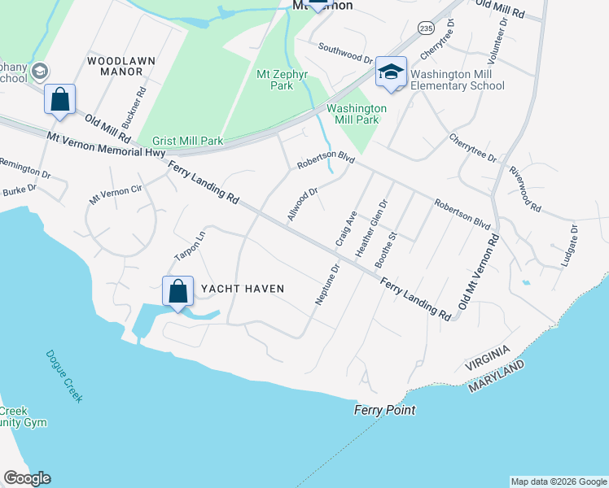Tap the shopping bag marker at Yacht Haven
pyautogui.click(x=177, y=294)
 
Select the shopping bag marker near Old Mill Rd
pyautogui.click(x=59, y=100)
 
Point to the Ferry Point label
pyautogui.click(x=384, y=410)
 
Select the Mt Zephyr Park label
pyautogui.click(x=274, y=80)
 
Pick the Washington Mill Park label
pyautogui.click(x=357, y=113)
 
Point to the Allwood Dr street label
pyautogui.click(x=301, y=203)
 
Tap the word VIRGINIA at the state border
pyautogui.click(x=486, y=359)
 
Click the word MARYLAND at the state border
pyautogui.click(x=496, y=380)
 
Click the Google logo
pyautogui.click(x=27, y=478)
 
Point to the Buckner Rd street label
pyautogui.click(x=133, y=107)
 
